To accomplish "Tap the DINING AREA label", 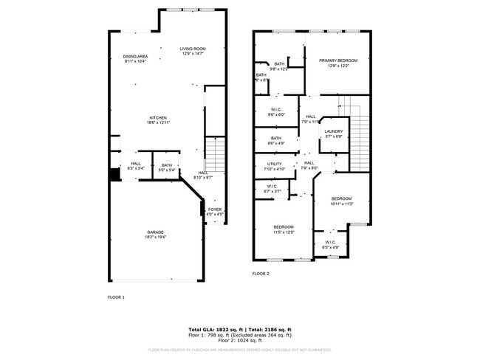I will pos(135,58).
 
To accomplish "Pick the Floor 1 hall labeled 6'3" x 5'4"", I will pos(136,166).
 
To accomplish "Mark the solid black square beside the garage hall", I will pos(114,174).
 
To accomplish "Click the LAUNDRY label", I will pos(333,134).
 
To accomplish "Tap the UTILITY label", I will pos(274,166).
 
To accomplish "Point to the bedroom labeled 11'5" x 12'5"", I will pos(284,229).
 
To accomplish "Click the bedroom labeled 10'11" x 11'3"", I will pos(341,201).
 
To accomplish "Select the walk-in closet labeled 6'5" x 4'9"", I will pos(332,244).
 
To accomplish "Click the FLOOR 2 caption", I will pos(261,274).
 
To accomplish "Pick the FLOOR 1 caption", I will pos(117,297).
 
